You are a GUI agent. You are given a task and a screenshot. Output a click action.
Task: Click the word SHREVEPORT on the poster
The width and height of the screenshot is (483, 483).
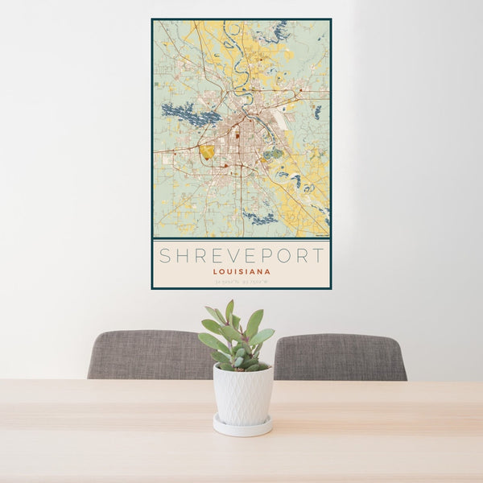(x=242, y=256)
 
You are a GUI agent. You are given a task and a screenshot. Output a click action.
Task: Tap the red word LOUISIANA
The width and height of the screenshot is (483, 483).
(x=242, y=272)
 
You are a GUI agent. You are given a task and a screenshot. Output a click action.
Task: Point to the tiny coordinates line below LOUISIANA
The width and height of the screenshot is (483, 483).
(x=242, y=282)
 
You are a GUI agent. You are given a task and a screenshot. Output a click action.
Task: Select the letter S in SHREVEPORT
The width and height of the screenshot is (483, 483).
(x=164, y=256)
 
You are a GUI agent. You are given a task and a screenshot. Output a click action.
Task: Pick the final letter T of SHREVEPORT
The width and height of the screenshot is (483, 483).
(x=319, y=256)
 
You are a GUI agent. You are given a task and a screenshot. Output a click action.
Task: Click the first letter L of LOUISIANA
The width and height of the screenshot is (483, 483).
(x=216, y=272)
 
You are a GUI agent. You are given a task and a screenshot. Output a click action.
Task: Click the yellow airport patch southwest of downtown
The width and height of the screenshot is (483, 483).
(x=208, y=151)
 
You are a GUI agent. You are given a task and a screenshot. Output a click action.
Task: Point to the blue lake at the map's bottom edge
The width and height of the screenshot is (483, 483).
(x=259, y=217)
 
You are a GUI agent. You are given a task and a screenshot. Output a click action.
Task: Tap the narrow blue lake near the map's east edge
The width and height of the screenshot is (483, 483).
(x=317, y=112)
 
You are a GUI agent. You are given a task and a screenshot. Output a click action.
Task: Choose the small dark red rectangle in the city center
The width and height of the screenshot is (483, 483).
(x=237, y=134)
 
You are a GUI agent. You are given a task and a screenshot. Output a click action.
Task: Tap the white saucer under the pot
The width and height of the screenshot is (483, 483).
(x=242, y=427)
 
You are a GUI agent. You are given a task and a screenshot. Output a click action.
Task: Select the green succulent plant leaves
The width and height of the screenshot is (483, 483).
(x=237, y=334)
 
